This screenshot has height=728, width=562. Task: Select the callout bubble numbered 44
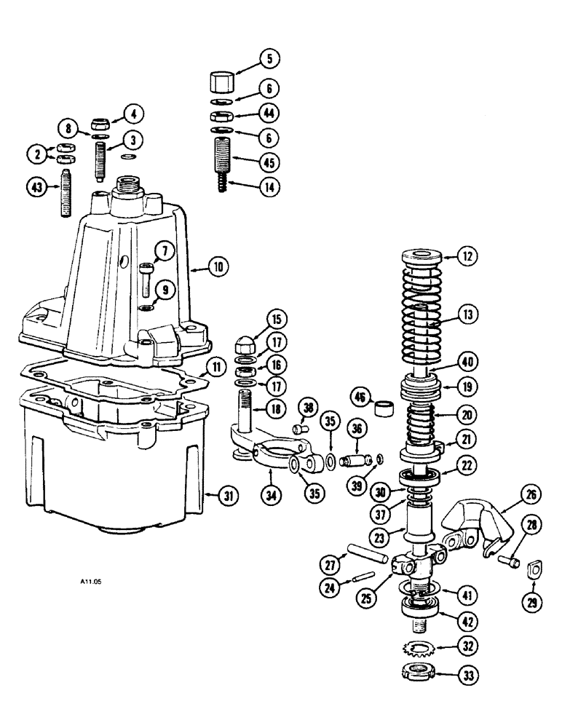[x=250, y=115]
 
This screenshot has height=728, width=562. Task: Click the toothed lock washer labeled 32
[x=417, y=646]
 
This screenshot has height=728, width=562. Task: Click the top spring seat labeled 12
[x=420, y=256]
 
